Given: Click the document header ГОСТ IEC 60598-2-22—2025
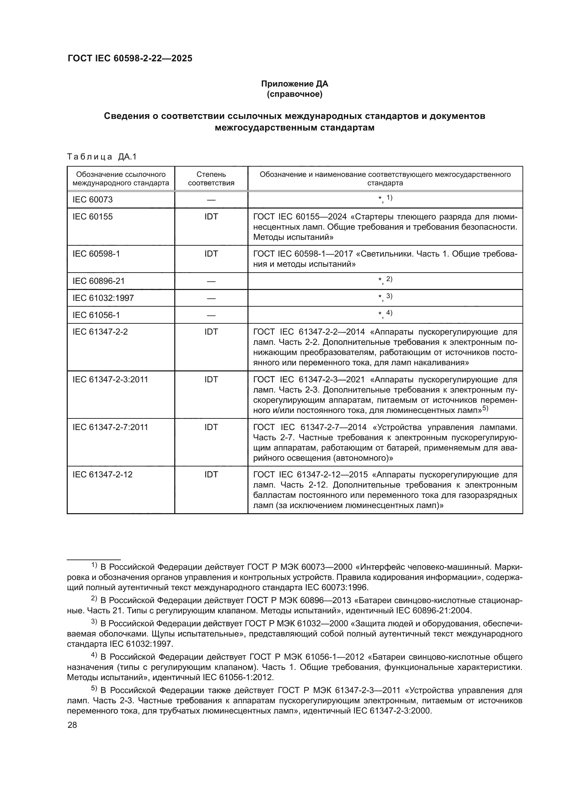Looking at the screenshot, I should pyautogui.click(x=130, y=58).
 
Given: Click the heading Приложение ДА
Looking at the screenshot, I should pyautogui.click(x=294, y=84).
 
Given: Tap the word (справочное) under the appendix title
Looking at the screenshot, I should pyautogui.click(x=294, y=94).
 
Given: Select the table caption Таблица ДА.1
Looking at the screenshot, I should pyautogui.click(x=102, y=157).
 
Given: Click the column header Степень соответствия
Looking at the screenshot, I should pyautogui.click(x=211, y=179).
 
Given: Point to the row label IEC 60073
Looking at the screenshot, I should pyautogui.click(x=93, y=200).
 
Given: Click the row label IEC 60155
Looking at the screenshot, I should pyautogui.click(x=93, y=217).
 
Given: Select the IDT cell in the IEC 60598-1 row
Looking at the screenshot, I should pyautogui.click(x=211, y=254).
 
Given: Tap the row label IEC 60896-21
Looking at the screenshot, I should pyautogui.click(x=98, y=281).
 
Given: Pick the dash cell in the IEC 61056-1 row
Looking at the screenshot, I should pyautogui.click(x=211, y=315).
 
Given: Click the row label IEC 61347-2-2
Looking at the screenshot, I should pyautogui.click(x=100, y=332).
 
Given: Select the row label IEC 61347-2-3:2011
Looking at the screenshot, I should pyautogui.click(x=110, y=379).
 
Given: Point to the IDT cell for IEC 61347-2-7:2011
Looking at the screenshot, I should pyautogui.click(x=211, y=427).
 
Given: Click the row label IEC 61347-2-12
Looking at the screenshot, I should pyautogui.click(x=102, y=475).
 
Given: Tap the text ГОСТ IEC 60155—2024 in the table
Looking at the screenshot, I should pyautogui.click(x=300, y=217).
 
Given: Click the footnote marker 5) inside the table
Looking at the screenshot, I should pyautogui.click(x=485, y=409).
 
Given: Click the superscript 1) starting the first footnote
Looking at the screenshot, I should pyautogui.click(x=94, y=566).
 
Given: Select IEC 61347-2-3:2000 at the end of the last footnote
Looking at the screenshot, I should pyautogui.click(x=391, y=711).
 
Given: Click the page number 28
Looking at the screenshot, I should pyautogui.click(x=72, y=725).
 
